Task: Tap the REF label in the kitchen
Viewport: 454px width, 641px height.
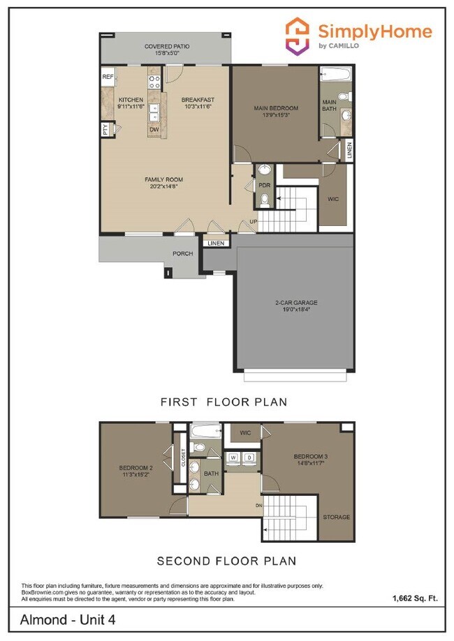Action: (x=108, y=77)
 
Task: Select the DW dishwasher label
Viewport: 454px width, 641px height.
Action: (x=154, y=130)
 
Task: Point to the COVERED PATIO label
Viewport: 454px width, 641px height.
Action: (x=167, y=47)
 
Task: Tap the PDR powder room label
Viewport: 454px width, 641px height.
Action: (x=265, y=186)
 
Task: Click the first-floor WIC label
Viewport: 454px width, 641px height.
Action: (x=333, y=199)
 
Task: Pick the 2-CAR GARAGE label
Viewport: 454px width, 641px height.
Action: (x=295, y=303)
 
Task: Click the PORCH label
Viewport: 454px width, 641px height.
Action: (x=183, y=253)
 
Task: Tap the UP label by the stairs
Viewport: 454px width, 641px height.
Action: (x=253, y=223)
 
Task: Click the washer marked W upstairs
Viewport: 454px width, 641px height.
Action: (x=233, y=458)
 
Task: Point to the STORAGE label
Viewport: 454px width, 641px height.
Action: (x=337, y=518)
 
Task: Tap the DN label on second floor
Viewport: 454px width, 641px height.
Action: (x=258, y=506)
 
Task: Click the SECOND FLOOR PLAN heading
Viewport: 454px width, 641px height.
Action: (x=226, y=561)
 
